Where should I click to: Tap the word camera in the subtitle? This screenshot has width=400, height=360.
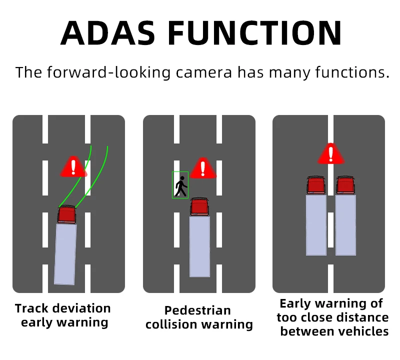[x=204, y=72]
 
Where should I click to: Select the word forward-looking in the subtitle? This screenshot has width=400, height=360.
[x=108, y=72]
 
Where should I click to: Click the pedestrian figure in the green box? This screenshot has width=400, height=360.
[x=180, y=186]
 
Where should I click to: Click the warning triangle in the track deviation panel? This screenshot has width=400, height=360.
[x=73, y=166]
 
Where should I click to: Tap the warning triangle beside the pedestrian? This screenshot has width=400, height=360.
[x=202, y=169]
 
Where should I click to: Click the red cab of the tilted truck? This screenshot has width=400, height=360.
[x=66, y=214]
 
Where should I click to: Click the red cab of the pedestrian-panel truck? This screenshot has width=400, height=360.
[x=199, y=206]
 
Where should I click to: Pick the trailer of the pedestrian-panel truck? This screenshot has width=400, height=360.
[x=199, y=245]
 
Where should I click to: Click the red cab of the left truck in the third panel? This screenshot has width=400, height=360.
[x=316, y=185]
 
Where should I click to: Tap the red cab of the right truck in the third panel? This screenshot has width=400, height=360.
[x=345, y=185]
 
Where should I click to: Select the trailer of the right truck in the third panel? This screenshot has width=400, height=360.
[x=345, y=224]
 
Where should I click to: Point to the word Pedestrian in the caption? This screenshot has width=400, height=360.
[x=197, y=310]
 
